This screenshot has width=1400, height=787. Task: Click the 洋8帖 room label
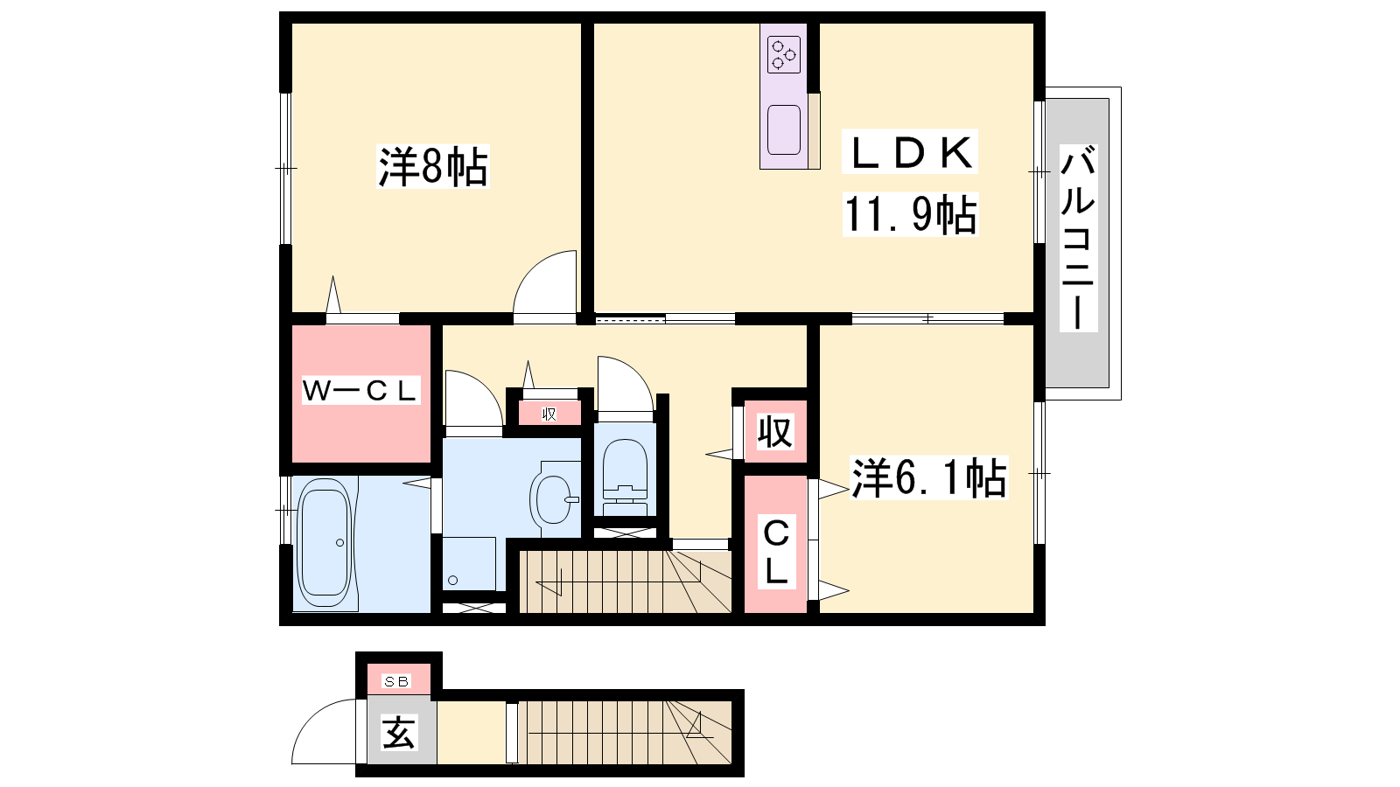click(432, 167)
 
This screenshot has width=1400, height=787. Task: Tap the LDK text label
click(910, 152)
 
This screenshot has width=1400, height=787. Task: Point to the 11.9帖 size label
click(910, 214)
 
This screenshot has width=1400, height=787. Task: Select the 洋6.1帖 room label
click(929, 477)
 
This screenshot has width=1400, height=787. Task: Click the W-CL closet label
click(360, 390)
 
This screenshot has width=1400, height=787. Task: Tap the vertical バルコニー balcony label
click(1078, 238)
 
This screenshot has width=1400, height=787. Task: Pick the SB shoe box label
click(397, 681)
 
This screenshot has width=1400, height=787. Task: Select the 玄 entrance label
click(398, 733)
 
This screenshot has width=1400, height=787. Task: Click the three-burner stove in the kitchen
click(784, 55)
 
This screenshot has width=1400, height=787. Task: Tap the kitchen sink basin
click(784, 129)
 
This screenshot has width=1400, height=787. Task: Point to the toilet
click(625, 477)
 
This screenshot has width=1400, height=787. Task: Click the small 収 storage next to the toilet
click(549, 414)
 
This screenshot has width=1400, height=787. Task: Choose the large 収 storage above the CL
click(775, 431)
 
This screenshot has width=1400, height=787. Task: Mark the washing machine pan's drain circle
click(452, 581)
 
